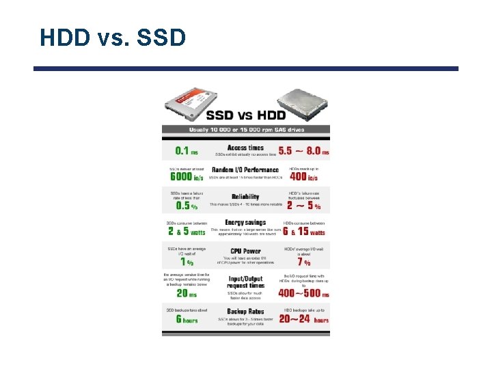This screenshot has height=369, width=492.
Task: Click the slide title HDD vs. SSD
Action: point(113,38)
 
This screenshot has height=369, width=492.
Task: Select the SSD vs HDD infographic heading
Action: point(247,115)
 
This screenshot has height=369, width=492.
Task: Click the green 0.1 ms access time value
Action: point(186,151)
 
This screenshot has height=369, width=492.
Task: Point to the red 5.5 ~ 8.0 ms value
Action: point(303,151)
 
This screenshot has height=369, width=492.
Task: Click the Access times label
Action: point(245,148)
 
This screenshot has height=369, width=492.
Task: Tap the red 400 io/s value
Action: point(303,178)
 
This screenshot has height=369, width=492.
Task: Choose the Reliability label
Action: point(245,197)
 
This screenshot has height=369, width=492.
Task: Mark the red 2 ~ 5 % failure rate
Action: point(303,205)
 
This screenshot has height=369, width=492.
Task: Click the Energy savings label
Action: point(245,223)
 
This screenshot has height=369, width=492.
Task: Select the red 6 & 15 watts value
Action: point(303,232)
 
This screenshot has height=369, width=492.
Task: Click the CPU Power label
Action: point(245,251)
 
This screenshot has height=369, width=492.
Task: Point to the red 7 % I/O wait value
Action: point(303,262)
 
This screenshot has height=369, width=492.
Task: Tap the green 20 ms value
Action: point(186,293)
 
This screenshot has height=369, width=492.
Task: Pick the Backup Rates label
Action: point(245,312)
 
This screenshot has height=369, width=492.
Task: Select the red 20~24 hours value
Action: point(303,320)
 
